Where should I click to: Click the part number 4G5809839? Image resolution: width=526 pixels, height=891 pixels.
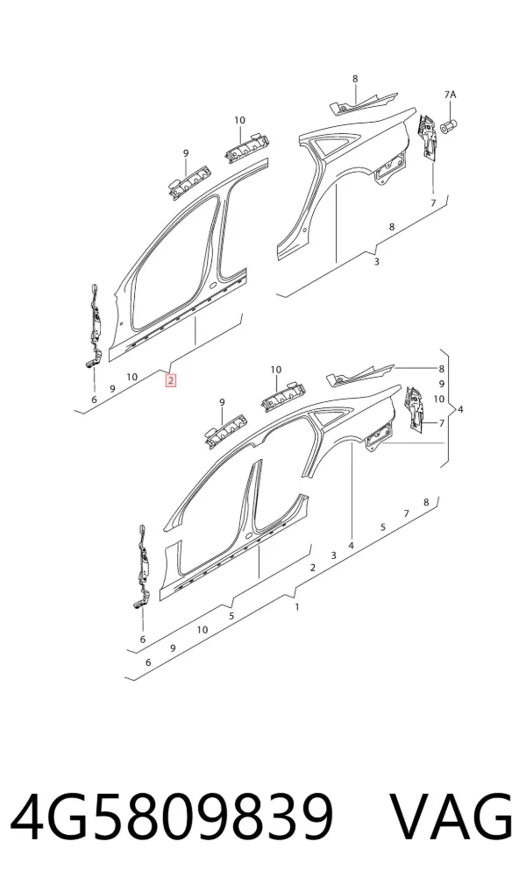[x=171, y=817]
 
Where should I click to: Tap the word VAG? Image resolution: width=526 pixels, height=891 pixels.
[x=451, y=817]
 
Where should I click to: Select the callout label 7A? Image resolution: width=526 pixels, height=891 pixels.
[x=450, y=95]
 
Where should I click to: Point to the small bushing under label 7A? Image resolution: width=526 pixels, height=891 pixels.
[x=450, y=125]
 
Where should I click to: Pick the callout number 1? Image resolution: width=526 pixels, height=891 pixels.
[x=297, y=607]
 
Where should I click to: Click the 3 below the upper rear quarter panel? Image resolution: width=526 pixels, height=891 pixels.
[x=376, y=261]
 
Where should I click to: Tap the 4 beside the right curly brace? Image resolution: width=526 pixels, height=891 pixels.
[x=460, y=408]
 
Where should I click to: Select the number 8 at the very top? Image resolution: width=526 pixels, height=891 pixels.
[x=355, y=79]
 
